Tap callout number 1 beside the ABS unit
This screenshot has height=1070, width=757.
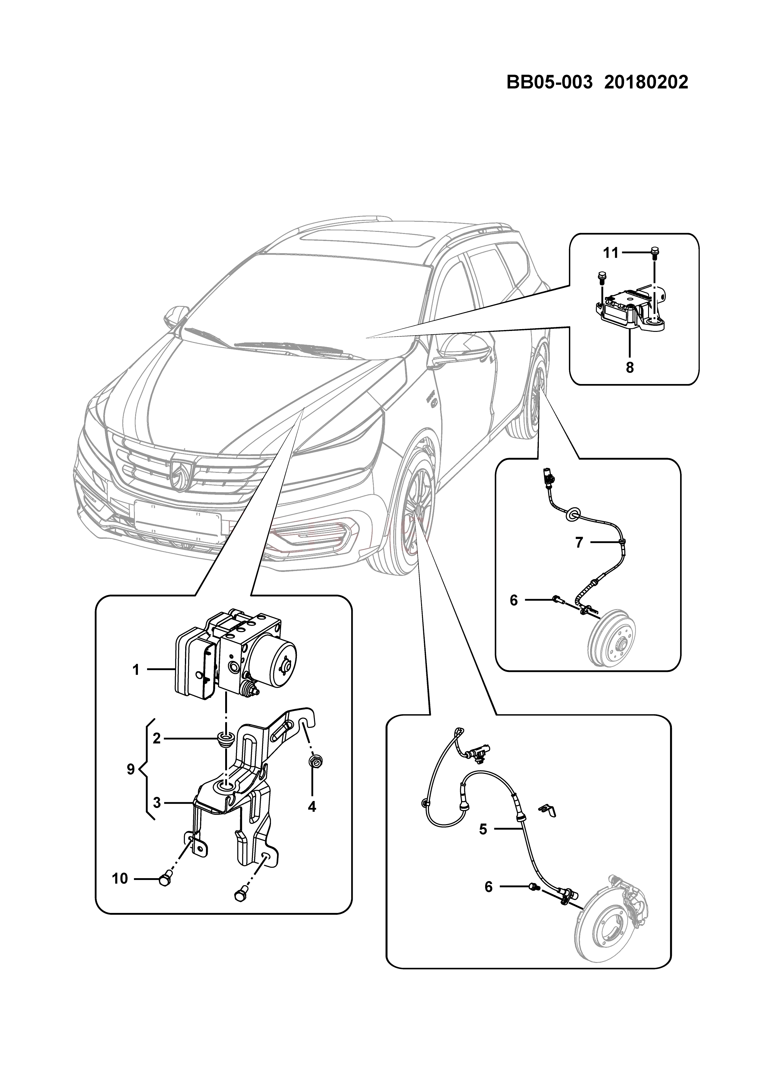point(136,670)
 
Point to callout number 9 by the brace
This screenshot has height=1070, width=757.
point(131,769)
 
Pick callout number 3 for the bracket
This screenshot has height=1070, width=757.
point(157,802)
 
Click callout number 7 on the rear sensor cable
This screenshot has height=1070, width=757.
point(579,542)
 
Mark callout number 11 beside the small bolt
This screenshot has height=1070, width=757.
point(611,253)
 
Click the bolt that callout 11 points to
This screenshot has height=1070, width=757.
point(654,253)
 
